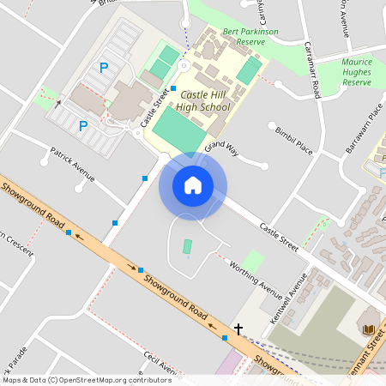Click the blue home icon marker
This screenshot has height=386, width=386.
pos(193,184)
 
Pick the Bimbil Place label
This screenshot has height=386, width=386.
pos(294,139)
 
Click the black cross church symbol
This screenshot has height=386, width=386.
pos(238,329)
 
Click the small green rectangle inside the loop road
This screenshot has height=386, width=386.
pos(187,247)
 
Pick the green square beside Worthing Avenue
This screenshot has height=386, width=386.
pos(253,261)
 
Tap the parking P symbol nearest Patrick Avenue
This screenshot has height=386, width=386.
pos(83,126)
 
